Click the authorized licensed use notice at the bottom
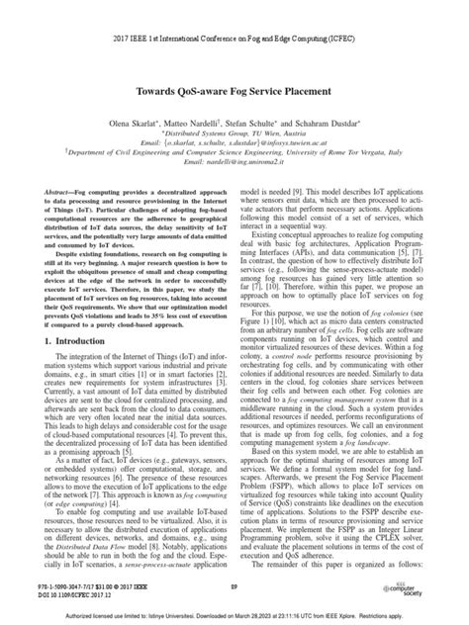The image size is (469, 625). point(234,615)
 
